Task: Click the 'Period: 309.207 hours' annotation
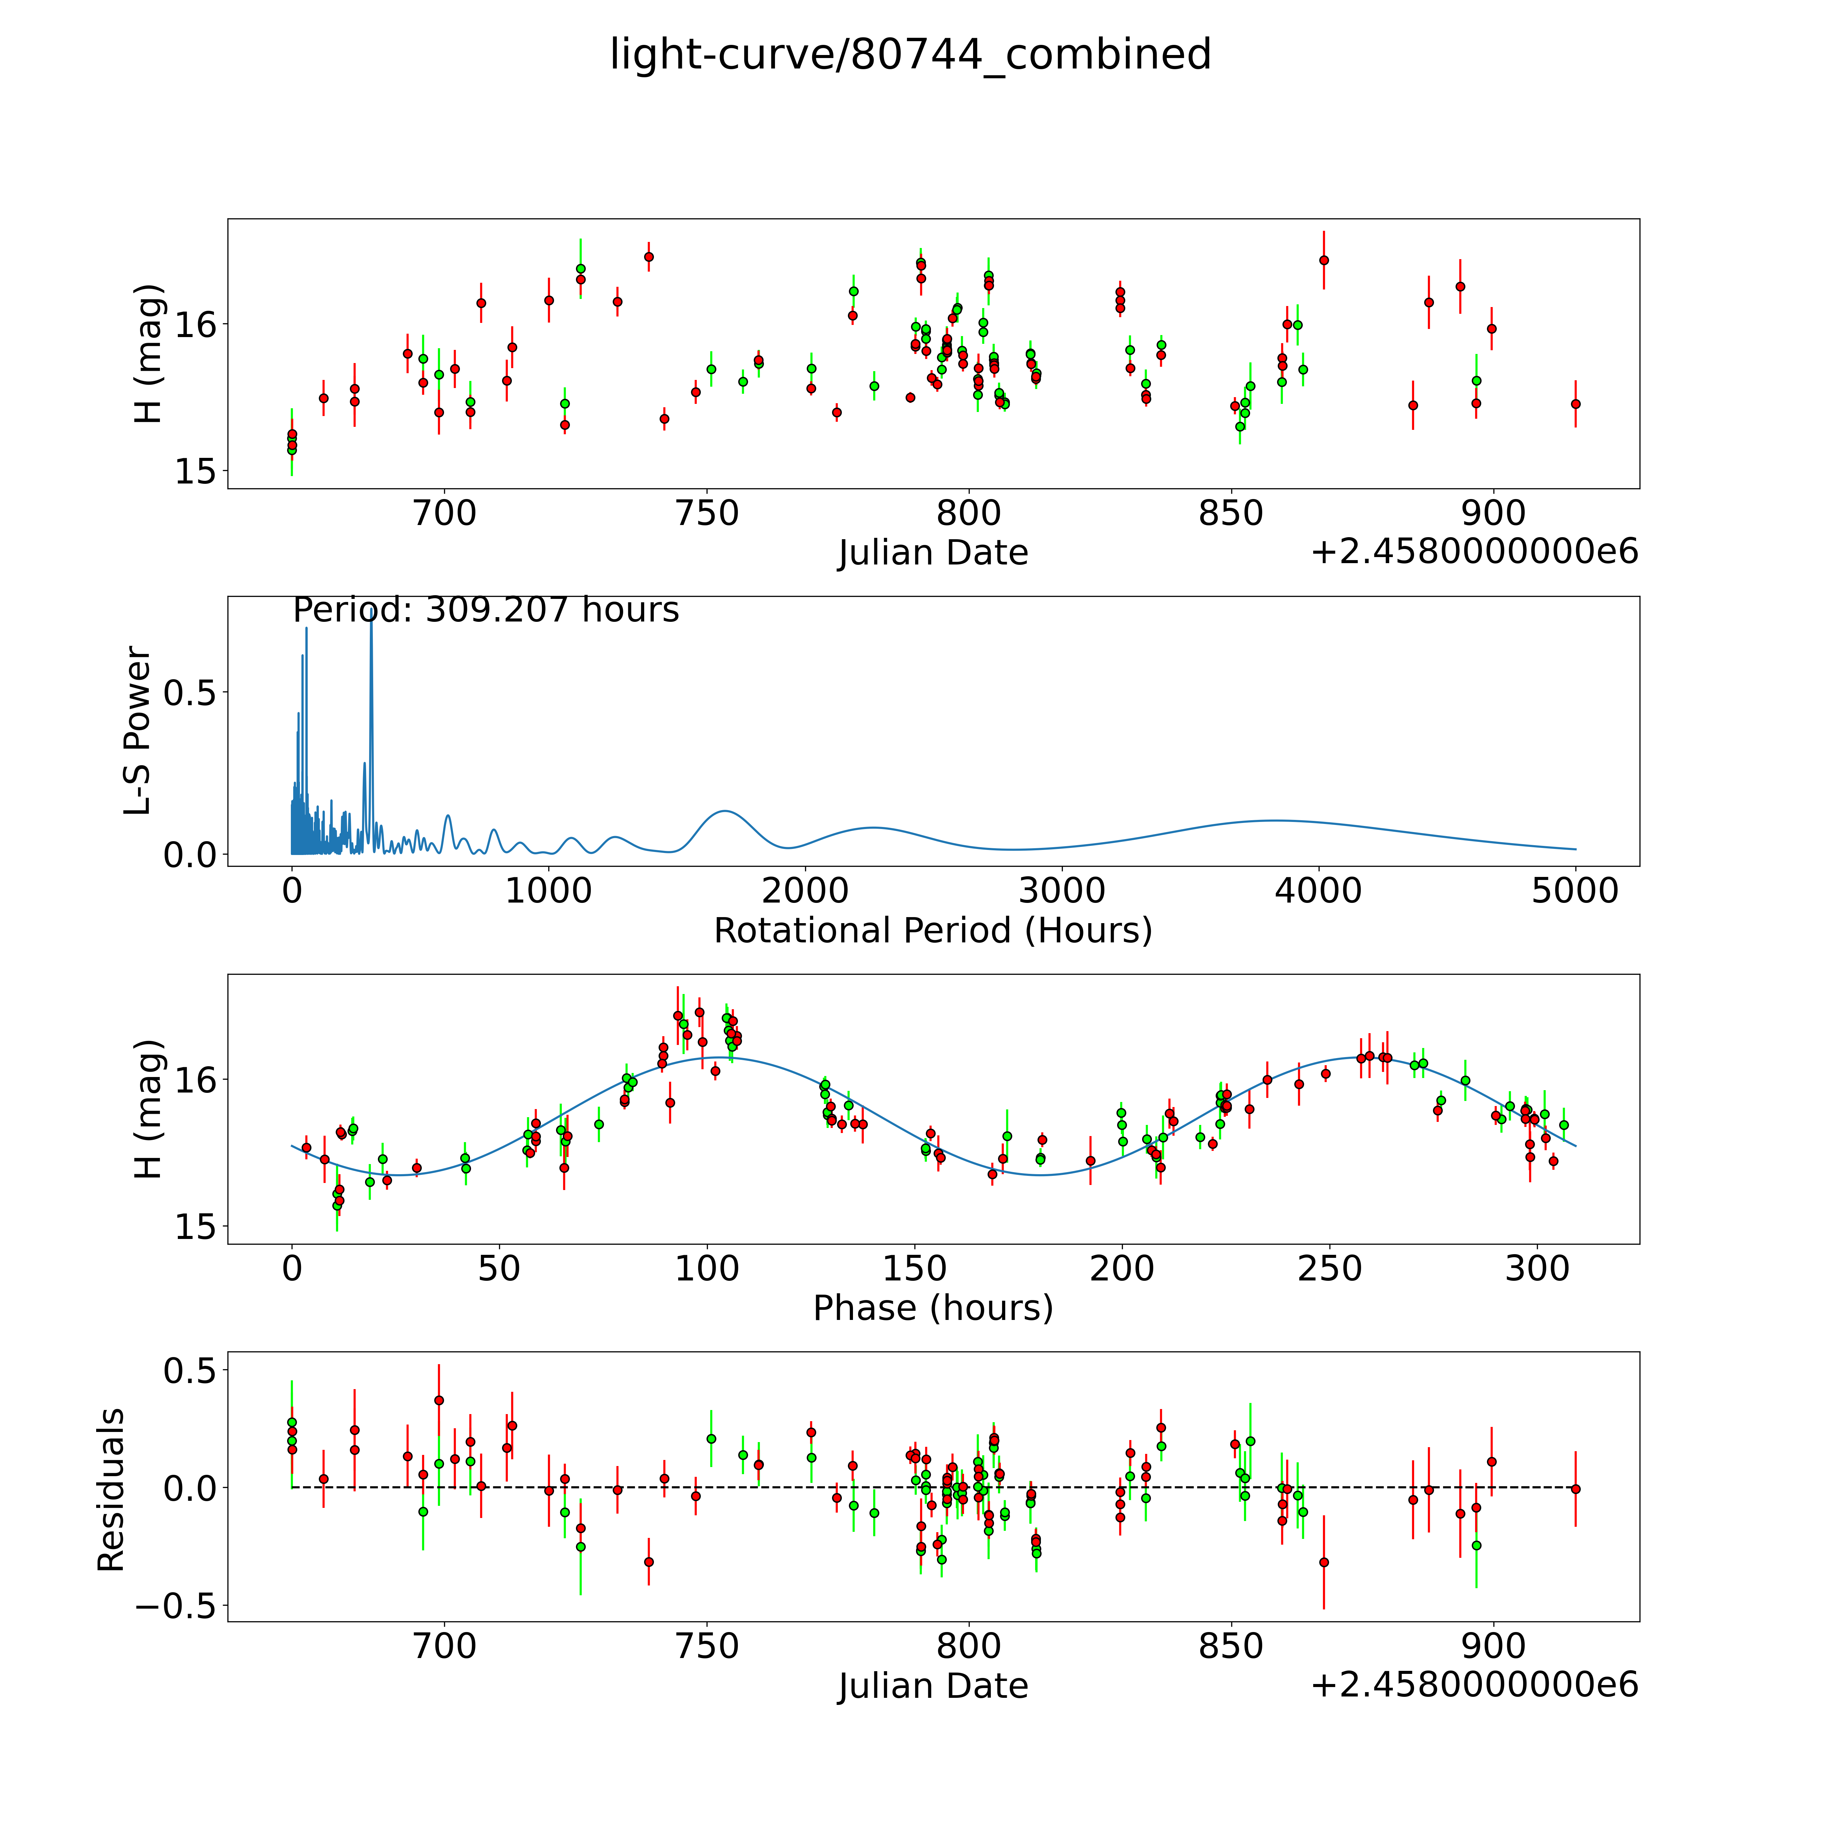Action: [x=486, y=610]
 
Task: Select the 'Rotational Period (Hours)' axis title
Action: [x=933, y=931]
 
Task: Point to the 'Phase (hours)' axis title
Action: [x=933, y=1308]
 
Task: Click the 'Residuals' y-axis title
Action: [x=111, y=1490]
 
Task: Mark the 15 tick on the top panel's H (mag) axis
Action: [x=195, y=472]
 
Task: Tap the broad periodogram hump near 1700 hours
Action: [x=724, y=811]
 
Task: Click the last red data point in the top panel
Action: [x=1575, y=404]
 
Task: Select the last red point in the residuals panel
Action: [x=1575, y=1489]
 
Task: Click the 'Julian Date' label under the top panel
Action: [x=933, y=553]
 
